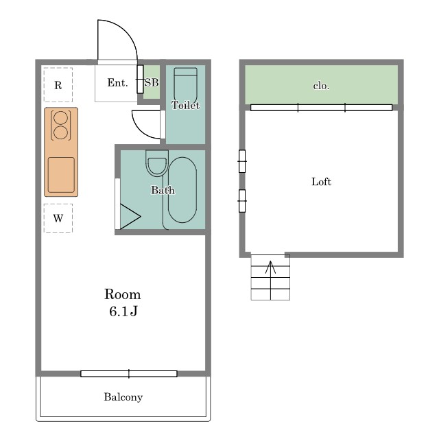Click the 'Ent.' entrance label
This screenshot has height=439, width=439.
click(117, 82)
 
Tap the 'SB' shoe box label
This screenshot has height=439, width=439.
click(152, 82)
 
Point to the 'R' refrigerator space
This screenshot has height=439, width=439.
click(58, 85)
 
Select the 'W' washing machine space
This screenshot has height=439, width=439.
click(58, 218)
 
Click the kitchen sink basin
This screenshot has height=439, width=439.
click(61, 175)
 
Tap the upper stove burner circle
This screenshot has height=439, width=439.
click(61, 118)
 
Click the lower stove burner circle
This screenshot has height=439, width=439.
click(61, 132)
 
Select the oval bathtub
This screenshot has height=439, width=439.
click(182, 190)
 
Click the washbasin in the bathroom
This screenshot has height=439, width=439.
click(157, 163)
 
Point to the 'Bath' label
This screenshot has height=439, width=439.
click(163, 191)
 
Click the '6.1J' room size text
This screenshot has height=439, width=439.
click(123, 311)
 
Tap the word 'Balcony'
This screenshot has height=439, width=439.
click(123, 397)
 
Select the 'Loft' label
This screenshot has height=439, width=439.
click(321, 182)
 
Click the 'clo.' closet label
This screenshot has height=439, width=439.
click(321, 86)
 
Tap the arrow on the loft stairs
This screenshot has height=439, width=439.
click(270, 280)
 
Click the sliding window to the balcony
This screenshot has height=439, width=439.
click(129, 373)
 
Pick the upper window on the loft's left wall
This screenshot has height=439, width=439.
click(242, 161)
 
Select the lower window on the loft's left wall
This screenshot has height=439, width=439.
click(242, 201)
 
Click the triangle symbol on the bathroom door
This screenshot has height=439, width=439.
click(130, 217)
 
